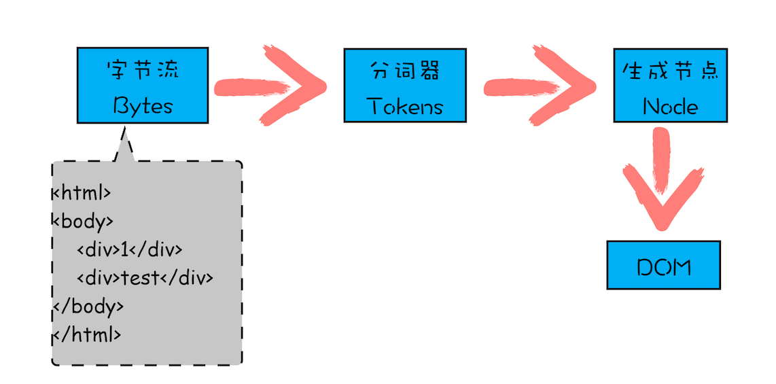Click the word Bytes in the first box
click(143, 106)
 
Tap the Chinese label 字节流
click(143, 71)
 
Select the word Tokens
click(405, 106)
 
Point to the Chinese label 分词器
click(405, 71)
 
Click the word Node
click(670, 107)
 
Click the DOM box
click(663, 265)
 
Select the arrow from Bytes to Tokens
click(272, 86)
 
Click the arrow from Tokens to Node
click(540, 86)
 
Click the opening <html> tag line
click(82, 194)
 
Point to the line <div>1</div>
click(130, 249)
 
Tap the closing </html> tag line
click(87, 334)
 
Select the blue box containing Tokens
click(405, 85)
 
